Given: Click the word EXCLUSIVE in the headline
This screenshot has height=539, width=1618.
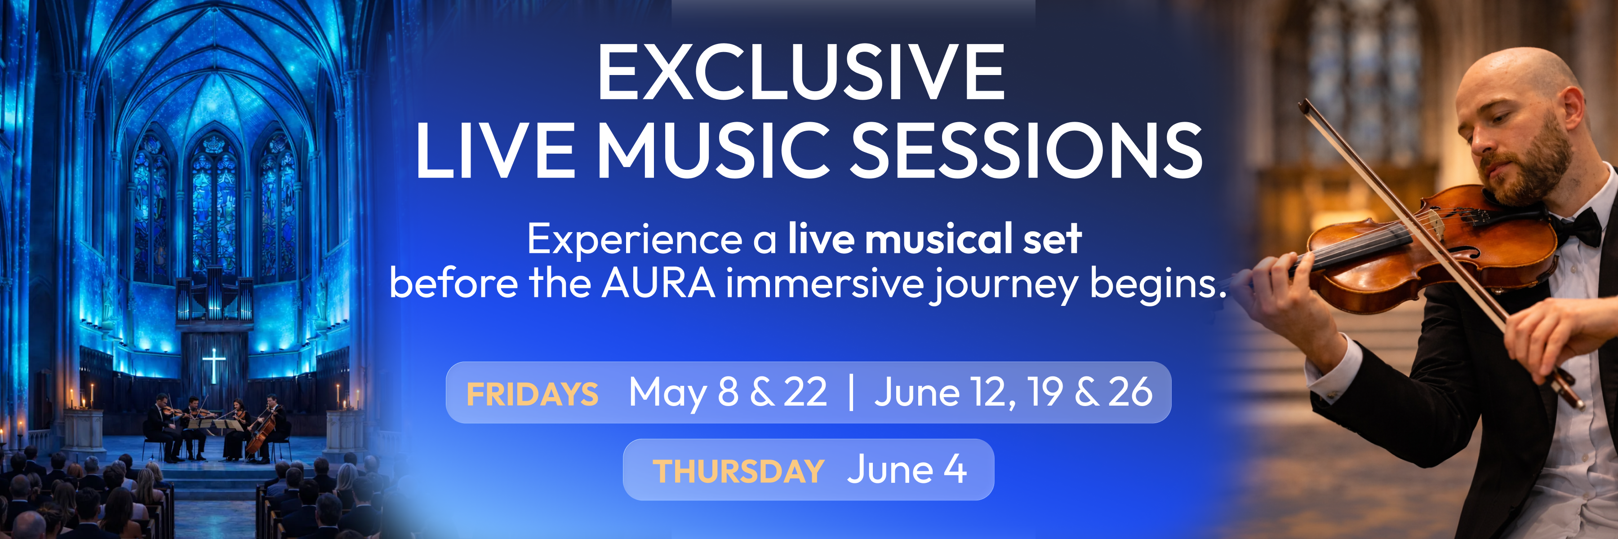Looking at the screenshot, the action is point(801,72).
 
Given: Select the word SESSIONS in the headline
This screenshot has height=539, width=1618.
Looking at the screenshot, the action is point(1027,150).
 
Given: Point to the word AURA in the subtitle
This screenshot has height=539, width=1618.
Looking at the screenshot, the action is point(658,283).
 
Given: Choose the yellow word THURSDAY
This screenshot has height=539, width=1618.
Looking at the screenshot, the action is point(738,471).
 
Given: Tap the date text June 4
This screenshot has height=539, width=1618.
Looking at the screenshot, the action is point(907,469).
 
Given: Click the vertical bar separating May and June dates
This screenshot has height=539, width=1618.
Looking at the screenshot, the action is point(851,393).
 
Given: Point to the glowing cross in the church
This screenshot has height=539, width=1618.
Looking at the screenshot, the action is point(213,366).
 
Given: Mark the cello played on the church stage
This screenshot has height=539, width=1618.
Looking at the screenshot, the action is point(261,433).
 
